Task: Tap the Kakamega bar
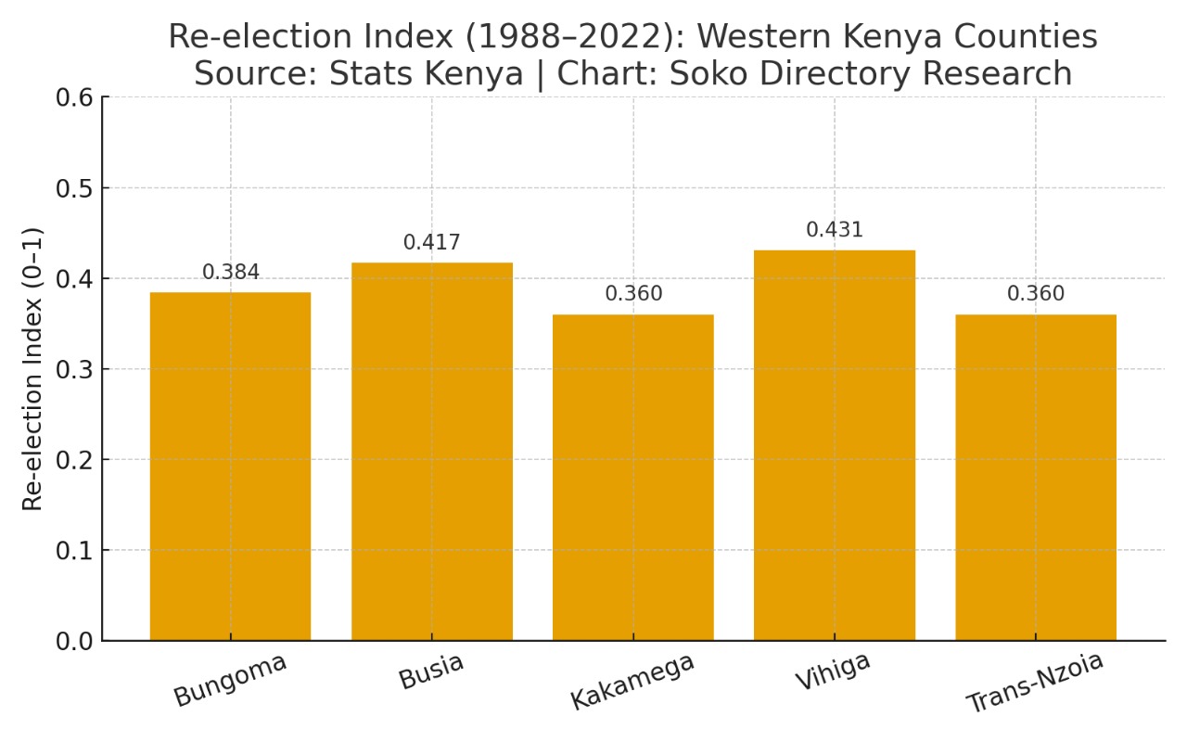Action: coord(633,478)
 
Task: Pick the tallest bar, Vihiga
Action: coord(835,445)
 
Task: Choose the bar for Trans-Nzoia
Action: coord(1036,478)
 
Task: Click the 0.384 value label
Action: coord(231,273)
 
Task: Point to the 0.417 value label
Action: coord(431,243)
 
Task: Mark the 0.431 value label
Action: coord(835,230)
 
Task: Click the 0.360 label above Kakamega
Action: coord(633,295)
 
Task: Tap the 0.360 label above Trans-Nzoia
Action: coord(1036,295)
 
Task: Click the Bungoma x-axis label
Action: coord(230,680)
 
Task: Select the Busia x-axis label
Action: coord(431,671)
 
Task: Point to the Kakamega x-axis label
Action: coord(632,682)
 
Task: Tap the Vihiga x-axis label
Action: coord(833,671)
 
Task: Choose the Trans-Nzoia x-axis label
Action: coord(1035,684)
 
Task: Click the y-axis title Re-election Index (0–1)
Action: coord(33,368)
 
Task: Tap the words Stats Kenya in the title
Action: coord(427,73)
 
